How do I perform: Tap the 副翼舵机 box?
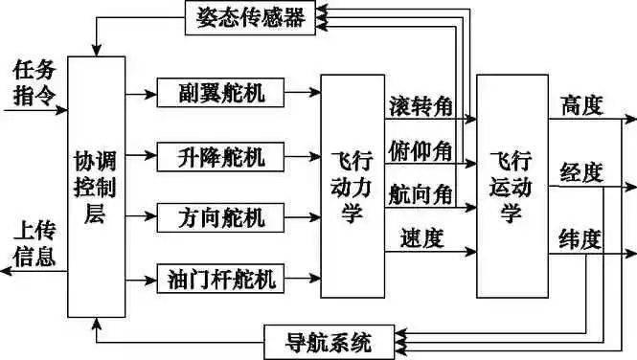pos(219,94)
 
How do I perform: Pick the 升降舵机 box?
pos(219,154)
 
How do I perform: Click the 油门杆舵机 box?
pos(219,280)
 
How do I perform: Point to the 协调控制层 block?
pos(96,187)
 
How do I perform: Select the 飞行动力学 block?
pos(352,187)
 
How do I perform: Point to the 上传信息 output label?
pos(34,246)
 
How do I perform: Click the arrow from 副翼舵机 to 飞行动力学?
pos(304,94)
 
